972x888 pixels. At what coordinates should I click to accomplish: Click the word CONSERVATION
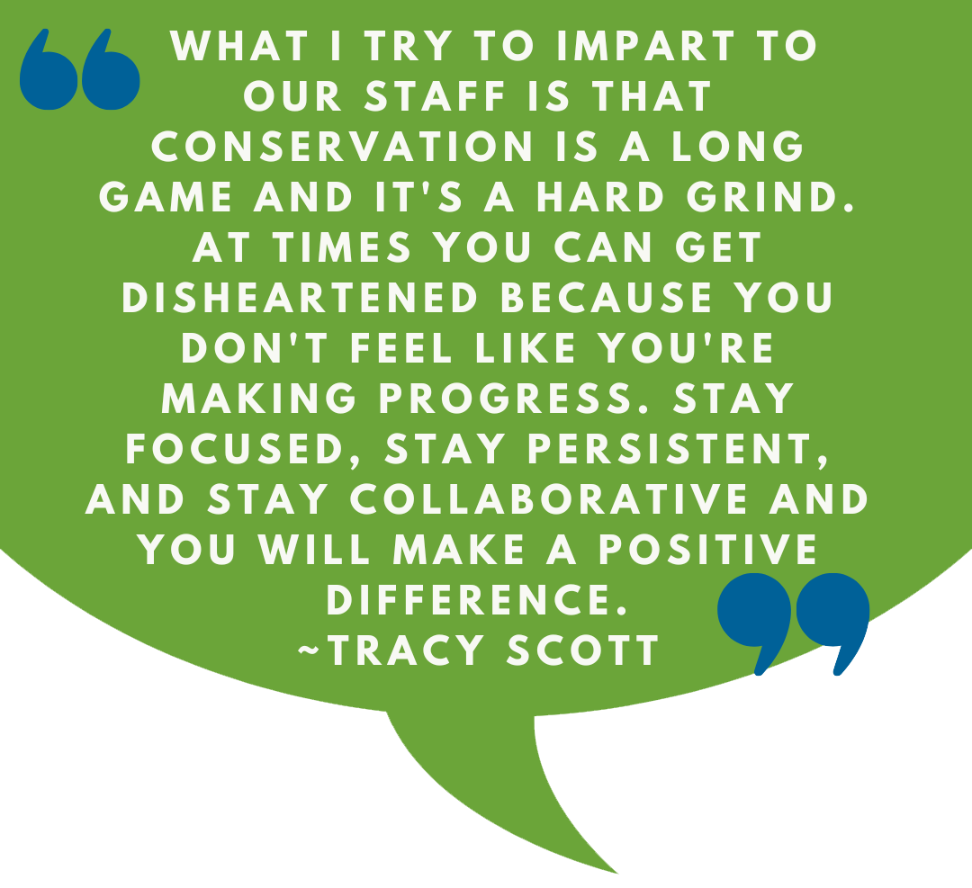point(342,147)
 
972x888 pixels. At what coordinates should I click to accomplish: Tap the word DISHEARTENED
point(300,298)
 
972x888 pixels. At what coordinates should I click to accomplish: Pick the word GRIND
point(770,197)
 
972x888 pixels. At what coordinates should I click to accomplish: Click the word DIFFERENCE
point(477,599)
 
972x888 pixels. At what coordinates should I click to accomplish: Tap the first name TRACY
point(407,650)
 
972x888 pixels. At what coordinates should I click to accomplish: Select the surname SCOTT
point(582,650)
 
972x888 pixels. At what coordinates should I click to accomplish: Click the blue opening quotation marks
point(79,69)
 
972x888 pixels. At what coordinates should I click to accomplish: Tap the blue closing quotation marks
point(794,623)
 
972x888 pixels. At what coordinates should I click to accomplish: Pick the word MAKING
point(259,398)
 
